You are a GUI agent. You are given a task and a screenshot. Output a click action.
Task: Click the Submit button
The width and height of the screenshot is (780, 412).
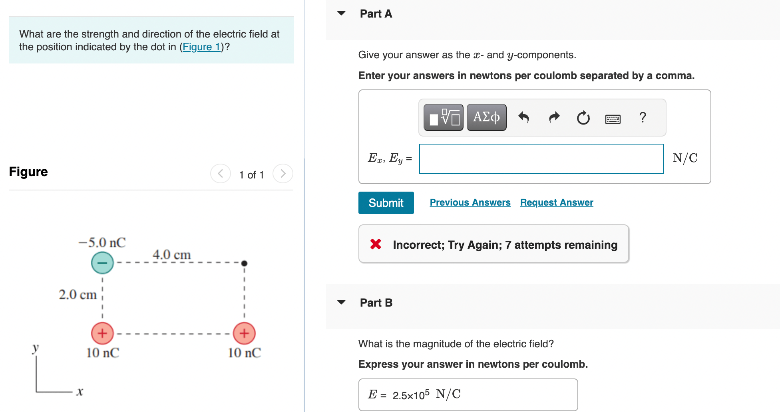tap(386, 203)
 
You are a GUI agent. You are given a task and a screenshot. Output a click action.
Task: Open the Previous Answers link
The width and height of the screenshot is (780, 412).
tap(470, 202)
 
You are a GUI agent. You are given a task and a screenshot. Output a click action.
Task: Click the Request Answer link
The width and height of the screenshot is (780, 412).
tap(556, 202)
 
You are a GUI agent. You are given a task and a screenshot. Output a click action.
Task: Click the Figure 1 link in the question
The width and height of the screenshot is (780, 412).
tap(201, 47)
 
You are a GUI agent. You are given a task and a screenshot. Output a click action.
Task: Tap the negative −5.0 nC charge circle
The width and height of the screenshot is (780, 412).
tap(102, 263)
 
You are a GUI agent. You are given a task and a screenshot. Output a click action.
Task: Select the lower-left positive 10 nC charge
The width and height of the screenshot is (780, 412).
tap(102, 333)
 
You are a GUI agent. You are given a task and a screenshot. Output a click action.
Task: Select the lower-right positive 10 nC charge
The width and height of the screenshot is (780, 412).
tap(244, 333)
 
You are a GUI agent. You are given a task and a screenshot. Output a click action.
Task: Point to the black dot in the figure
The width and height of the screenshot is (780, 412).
tap(245, 263)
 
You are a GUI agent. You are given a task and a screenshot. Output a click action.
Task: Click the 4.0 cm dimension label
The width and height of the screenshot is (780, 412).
tap(171, 254)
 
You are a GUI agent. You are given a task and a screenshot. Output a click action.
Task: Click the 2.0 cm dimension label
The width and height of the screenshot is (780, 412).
tap(78, 295)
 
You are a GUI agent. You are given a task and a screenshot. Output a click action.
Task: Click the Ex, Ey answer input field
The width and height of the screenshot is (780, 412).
tap(541, 159)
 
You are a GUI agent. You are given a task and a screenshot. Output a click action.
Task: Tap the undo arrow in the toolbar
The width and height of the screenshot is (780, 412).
tap(523, 117)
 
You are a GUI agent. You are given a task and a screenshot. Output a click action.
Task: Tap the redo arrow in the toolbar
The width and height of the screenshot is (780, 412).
tap(554, 117)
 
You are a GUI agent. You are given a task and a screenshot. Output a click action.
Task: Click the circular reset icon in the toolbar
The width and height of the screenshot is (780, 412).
tap(583, 118)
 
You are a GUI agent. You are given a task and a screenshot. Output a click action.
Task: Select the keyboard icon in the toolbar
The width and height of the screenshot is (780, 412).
tap(613, 119)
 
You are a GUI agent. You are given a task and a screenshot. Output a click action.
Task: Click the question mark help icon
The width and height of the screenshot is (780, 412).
tap(643, 117)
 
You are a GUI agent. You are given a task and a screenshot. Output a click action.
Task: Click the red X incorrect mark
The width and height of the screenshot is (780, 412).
tap(376, 244)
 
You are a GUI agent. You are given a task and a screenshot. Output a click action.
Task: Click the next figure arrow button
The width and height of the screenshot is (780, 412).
tap(283, 174)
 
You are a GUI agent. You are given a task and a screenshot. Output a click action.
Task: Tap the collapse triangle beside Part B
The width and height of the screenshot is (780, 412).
tap(341, 302)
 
